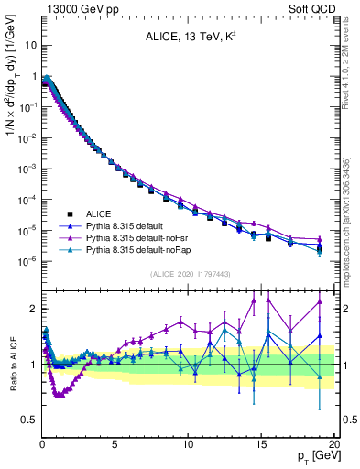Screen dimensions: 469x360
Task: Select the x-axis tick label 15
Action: coord(260,443)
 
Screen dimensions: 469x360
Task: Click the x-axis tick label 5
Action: coord(115,443)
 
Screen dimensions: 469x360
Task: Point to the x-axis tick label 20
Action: coord(333,443)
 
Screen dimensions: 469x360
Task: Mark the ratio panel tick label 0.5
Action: coord(27,420)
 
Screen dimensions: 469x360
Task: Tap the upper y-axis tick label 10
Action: coord(29,45)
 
